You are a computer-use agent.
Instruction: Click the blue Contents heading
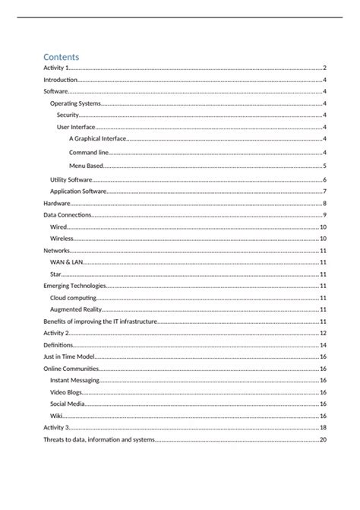pos(62,56)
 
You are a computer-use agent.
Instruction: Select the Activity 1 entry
pos(56,68)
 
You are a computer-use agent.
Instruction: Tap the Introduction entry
pos(61,80)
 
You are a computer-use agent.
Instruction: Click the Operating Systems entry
pos(75,103)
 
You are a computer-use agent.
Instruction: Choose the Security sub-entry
pos(68,115)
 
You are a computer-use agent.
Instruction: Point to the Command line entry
pos(89,153)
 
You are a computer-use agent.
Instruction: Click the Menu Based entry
pos(86,166)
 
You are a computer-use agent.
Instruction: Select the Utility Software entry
pos(71,179)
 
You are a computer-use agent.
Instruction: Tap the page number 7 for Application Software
pos(324,192)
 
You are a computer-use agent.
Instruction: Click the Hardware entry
pos(57,204)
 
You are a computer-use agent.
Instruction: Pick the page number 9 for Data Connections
pos(324,216)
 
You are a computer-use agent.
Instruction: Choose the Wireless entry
pos(63,239)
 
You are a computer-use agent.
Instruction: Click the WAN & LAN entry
pos(66,262)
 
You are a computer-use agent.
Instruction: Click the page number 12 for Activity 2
pos(323,333)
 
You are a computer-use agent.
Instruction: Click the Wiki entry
pos(56,416)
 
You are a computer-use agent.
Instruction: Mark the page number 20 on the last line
pos(323,440)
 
